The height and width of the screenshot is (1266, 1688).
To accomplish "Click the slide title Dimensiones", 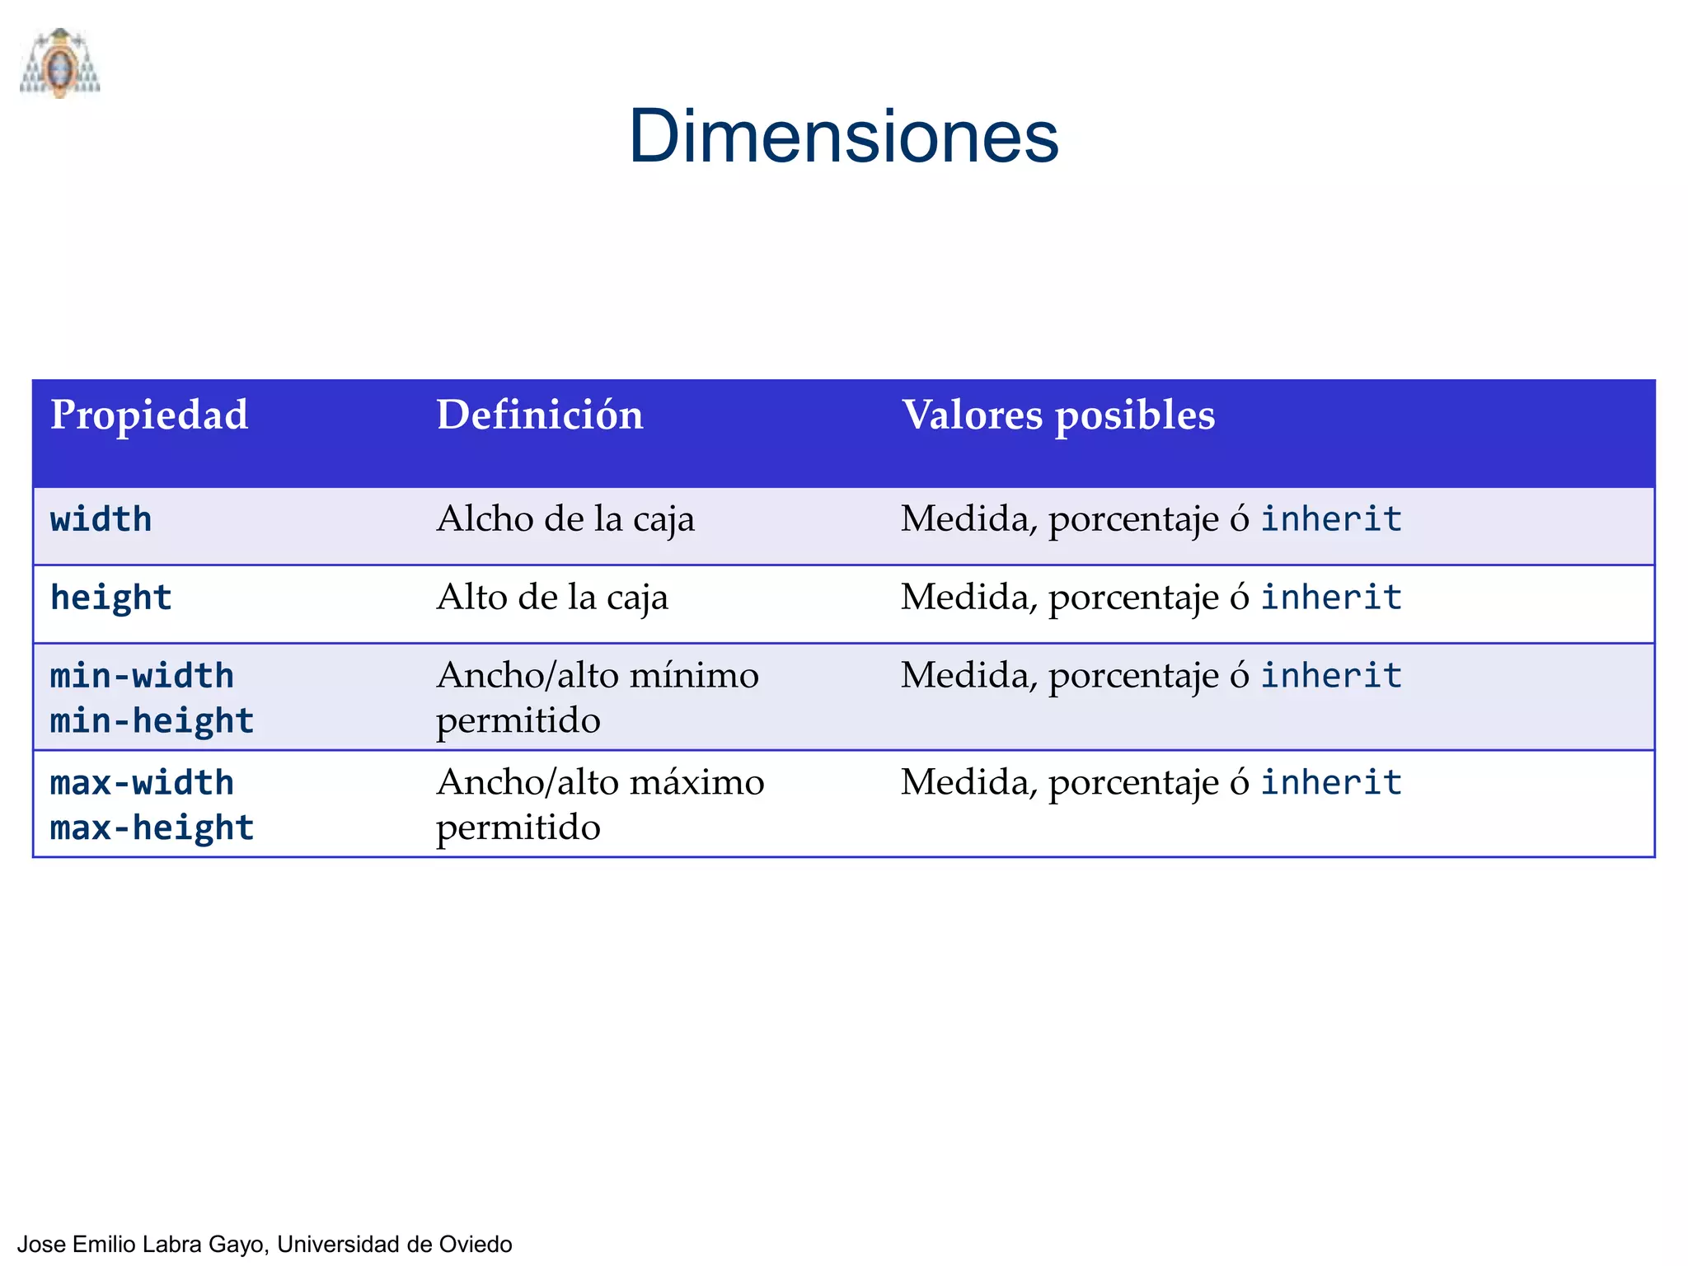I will pyautogui.click(x=843, y=137).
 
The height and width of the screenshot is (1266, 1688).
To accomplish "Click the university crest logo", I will pyautogui.click(x=59, y=63).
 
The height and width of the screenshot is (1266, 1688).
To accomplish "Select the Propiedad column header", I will pyautogui.click(x=149, y=415).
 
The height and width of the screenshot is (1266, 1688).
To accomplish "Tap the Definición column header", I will pyautogui.click(x=539, y=415).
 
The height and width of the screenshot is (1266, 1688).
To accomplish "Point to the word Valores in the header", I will pyautogui.click(x=972, y=415).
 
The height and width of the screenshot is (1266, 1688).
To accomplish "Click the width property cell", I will pyautogui.click(x=101, y=520).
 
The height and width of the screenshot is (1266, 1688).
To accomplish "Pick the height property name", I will pyautogui.click(x=111, y=598).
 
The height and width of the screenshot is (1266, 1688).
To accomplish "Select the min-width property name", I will pyautogui.click(x=142, y=676).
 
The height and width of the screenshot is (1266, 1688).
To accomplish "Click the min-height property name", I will pyautogui.click(x=152, y=721).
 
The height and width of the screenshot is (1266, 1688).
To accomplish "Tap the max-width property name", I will pyautogui.click(x=142, y=783).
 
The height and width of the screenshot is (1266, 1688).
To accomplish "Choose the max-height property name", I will pyautogui.click(x=152, y=828).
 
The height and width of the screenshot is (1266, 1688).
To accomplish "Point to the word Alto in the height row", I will pyautogui.click(x=471, y=598).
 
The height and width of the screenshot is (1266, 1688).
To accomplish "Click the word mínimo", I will pyautogui.click(x=694, y=676).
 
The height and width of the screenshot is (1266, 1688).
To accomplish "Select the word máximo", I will pyautogui.click(x=696, y=783).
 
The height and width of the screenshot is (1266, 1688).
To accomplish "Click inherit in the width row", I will pyautogui.click(x=1331, y=519).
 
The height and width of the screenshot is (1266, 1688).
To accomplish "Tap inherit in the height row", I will pyautogui.click(x=1331, y=598).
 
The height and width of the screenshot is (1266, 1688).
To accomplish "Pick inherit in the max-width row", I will pyautogui.click(x=1331, y=783).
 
